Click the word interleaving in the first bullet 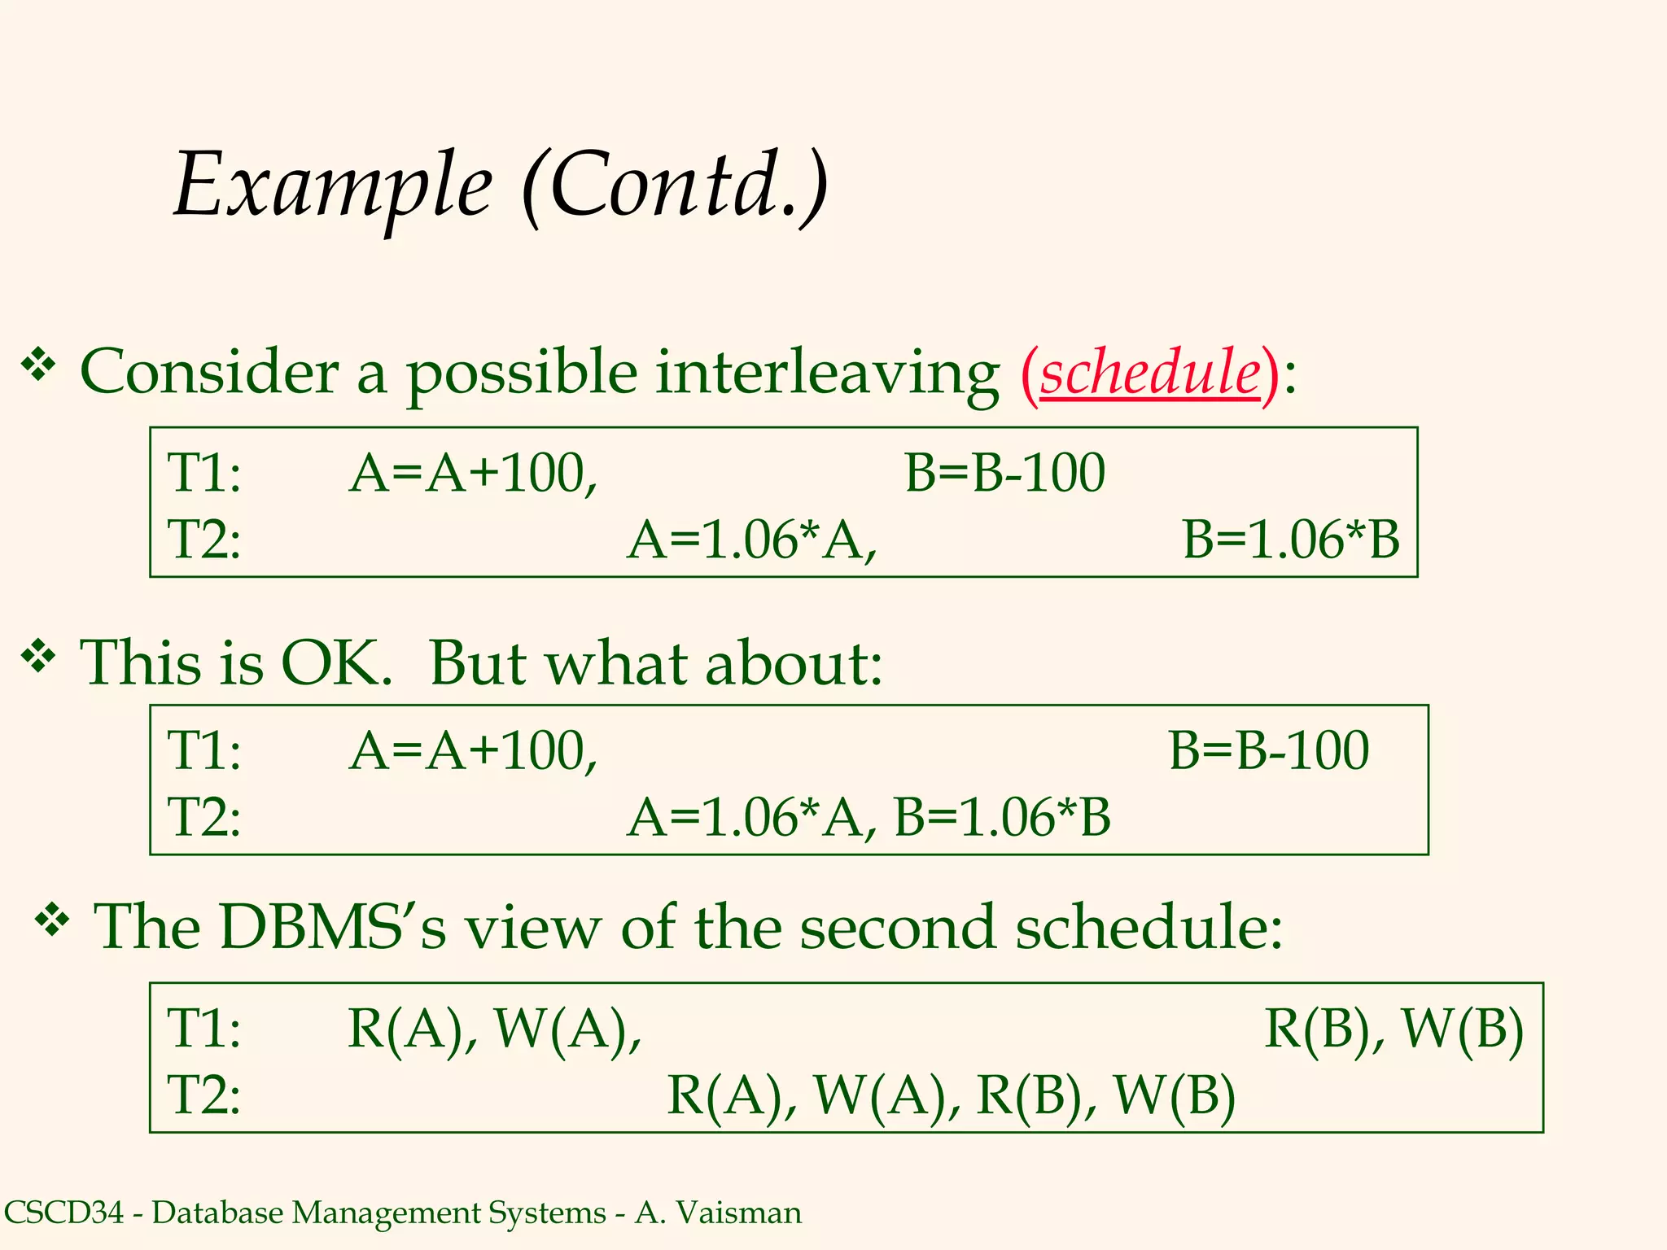(x=827, y=373)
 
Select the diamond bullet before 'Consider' (x=38, y=365)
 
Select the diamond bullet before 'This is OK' (x=38, y=657)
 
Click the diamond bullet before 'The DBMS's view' (x=53, y=920)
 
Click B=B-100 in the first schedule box (x=1004, y=473)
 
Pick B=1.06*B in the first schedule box (x=1291, y=540)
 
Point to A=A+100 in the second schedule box (x=473, y=750)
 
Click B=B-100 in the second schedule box (x=1268, y=750)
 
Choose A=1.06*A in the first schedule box (x=751, y=540)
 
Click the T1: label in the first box (x=203, y=473)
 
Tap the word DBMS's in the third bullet (x=332, y=927)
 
